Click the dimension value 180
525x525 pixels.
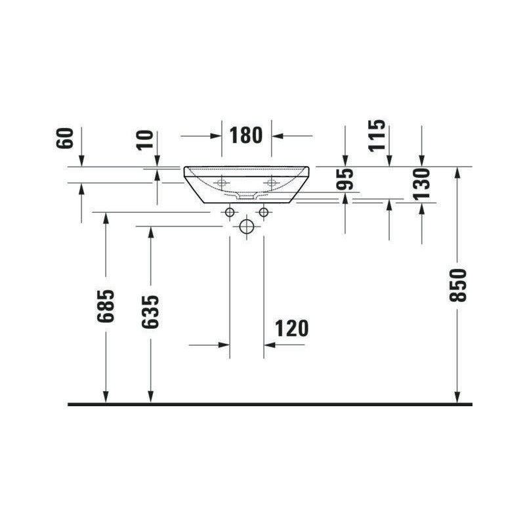coord(245,136)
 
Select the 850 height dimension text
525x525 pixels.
coord(458,285)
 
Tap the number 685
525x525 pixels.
coord(106,306)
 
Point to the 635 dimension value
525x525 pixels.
coord(150,312)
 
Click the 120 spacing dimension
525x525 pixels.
coord(291,329)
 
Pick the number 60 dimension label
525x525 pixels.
coord(64,138)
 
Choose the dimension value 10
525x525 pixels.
coord(144,140)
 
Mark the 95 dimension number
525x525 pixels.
coord(345,179)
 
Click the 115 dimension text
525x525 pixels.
coord(377,136)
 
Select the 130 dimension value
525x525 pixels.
coord(421,184)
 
